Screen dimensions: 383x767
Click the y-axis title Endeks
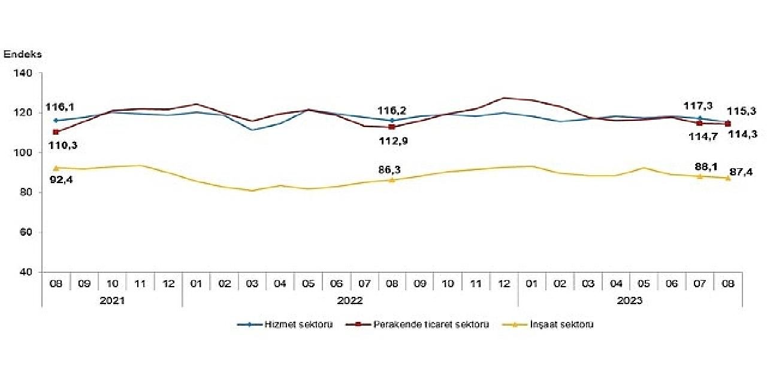23,54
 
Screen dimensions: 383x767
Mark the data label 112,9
392,141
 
